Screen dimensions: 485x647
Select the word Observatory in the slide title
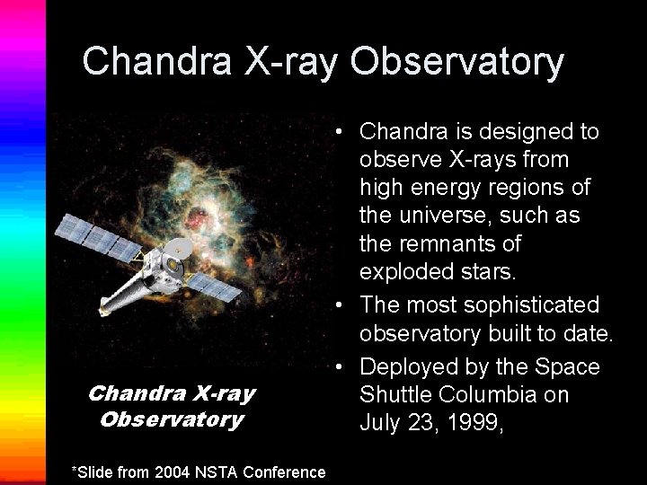click(x=457, y=61)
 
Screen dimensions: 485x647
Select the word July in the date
click(x=382, y=423)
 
